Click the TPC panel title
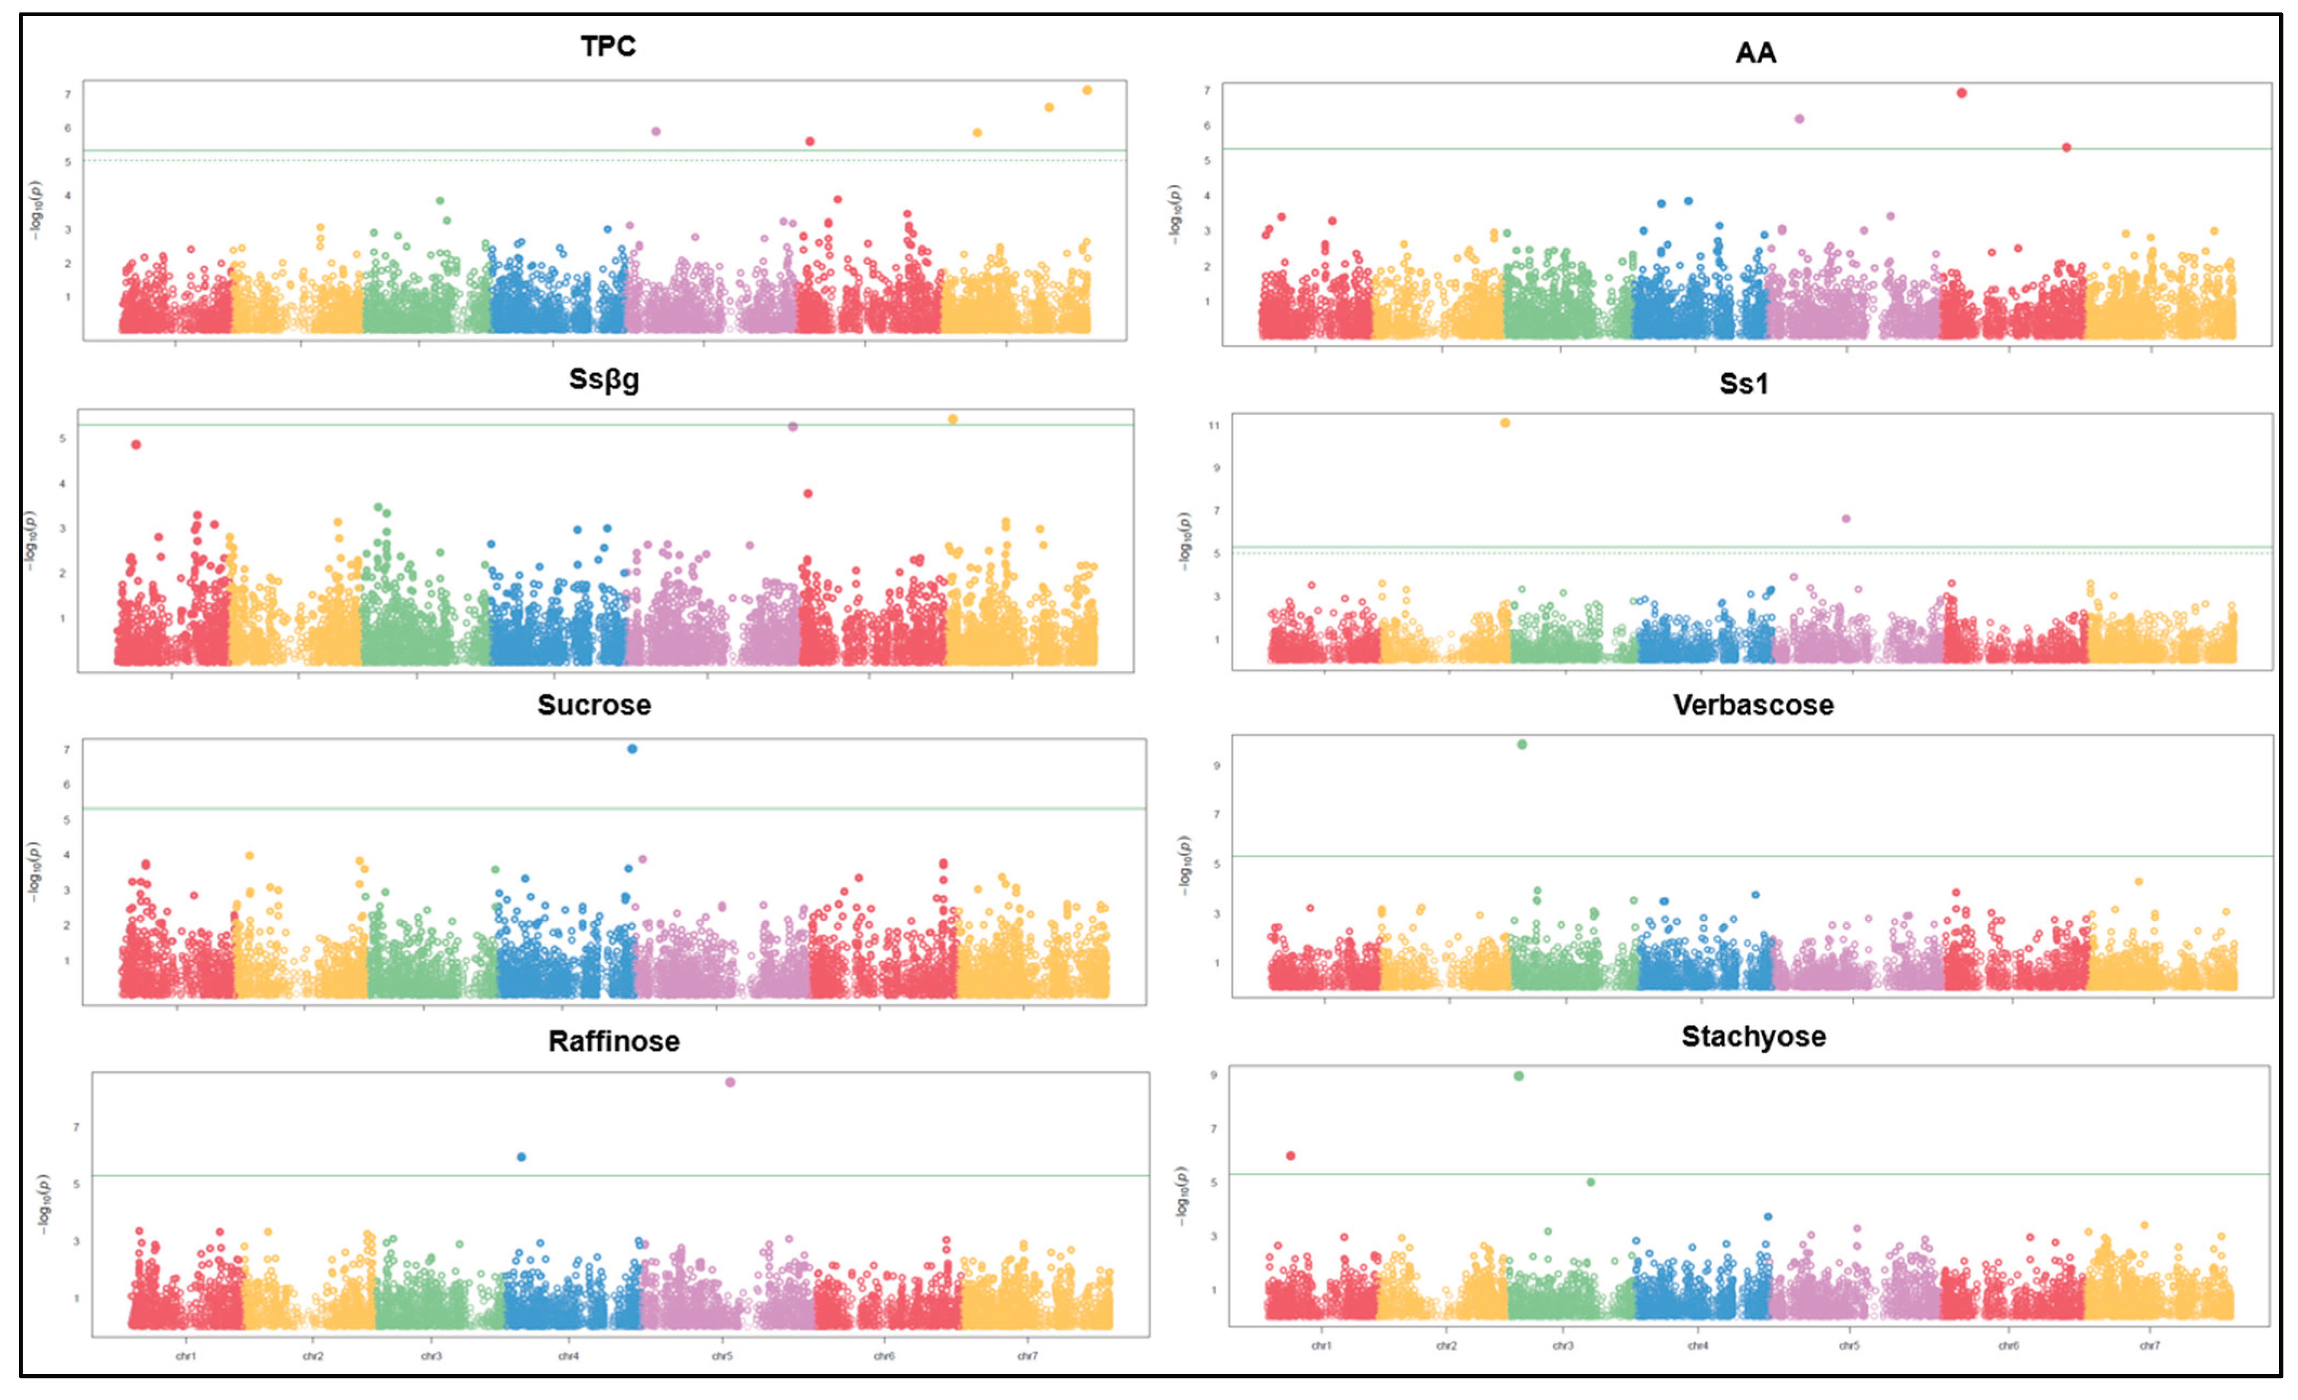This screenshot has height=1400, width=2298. pyautogui.click(x=608, y=47)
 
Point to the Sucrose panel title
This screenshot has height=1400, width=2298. pyautogui.click(x=594, y=705)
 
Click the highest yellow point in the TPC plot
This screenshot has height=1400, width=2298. pyautogui.click(x=1087, y=90)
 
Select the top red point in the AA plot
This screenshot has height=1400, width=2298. pyautogui.click(x=1961, y=93)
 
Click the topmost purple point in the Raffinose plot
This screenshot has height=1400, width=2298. pyautogui.click(x=730, y=1082)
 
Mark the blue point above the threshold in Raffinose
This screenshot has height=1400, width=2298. pyautogui.click(x=521, y=1157)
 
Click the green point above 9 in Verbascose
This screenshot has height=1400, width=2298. pyautogui.click(x=1522, y=744)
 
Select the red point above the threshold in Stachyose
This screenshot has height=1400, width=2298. pyautogui.click(x=1291, y=1156)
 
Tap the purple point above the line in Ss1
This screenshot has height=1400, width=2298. pyautogui.click(x=1846, y=519)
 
